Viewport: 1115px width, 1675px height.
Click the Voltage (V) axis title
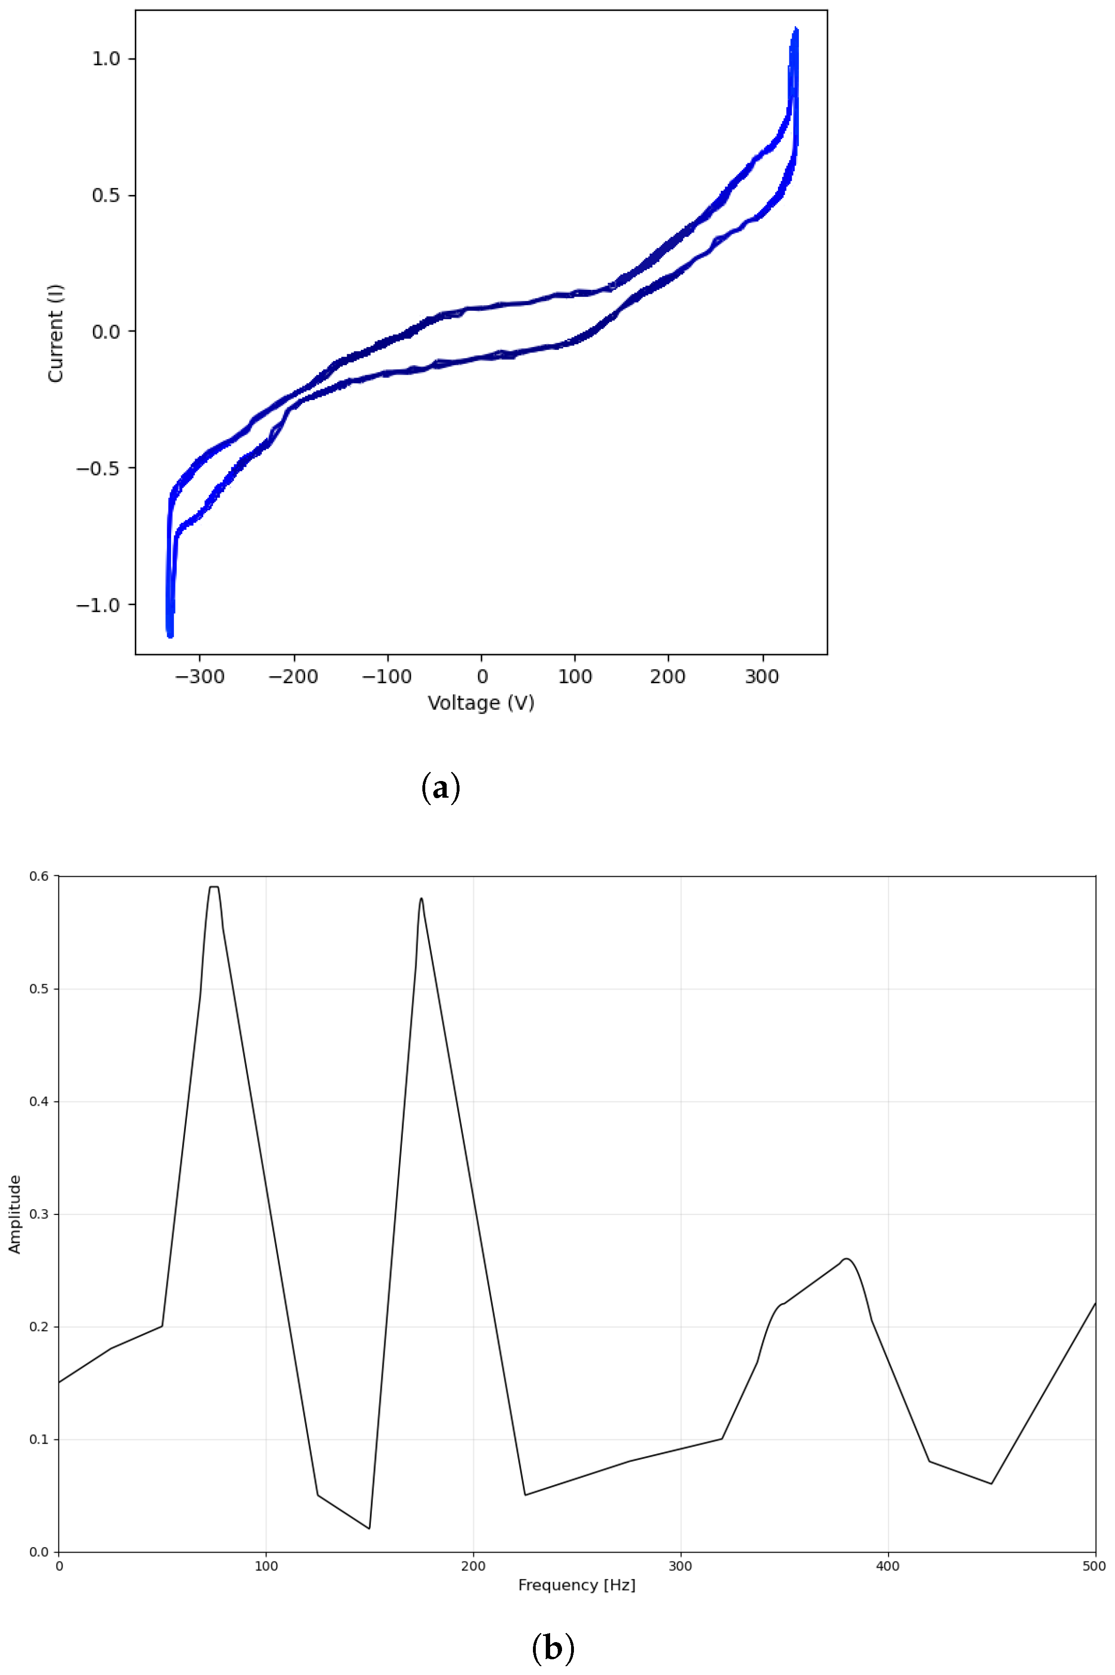point(481,703)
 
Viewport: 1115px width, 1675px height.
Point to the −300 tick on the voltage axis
point(201,677)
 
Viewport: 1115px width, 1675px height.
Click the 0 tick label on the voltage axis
point(481,677)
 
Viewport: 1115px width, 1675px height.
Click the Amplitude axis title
point(15,1214)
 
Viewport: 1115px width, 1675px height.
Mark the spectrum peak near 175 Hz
point(421,898)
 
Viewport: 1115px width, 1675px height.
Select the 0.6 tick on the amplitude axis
point(39,876)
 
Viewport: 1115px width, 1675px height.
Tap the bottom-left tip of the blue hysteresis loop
point(170,635)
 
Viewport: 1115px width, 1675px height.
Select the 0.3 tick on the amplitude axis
point(39,1214)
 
